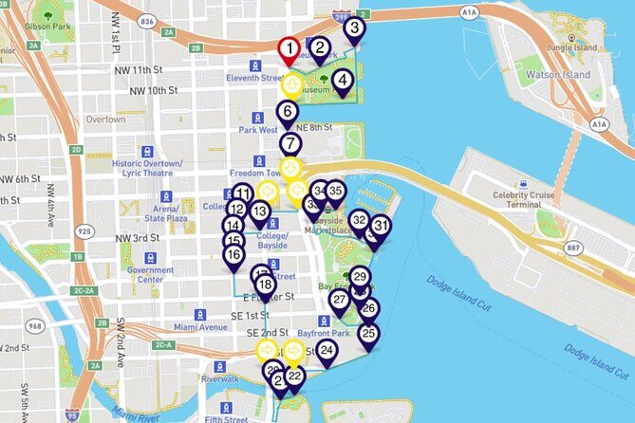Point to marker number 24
point(327,351)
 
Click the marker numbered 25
point(369,334)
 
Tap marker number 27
point(339,300)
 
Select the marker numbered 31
point(381,226)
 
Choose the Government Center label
point(150,274)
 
